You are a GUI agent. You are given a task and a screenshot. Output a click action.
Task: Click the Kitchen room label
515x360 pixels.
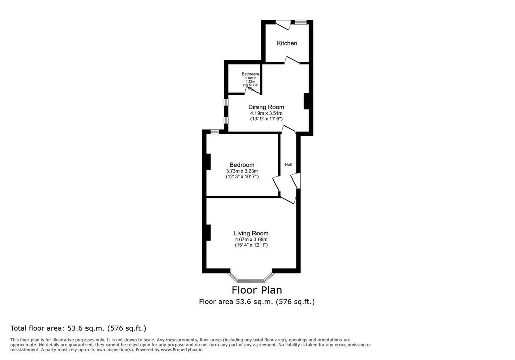[x=287, y=43]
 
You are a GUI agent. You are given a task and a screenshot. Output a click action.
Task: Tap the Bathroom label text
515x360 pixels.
[x=250, y=74]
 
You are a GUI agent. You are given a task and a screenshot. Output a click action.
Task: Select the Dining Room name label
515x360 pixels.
[x=266, y=107]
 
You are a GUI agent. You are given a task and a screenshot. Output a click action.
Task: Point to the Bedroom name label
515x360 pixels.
[x=242, y=165]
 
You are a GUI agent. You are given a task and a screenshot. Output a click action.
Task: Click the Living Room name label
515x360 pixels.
[x=251, y=233]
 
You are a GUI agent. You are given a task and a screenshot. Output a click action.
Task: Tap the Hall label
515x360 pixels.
[x=288, y=165]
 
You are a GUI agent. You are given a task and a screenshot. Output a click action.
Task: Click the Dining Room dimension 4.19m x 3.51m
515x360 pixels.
[x=266, y=113]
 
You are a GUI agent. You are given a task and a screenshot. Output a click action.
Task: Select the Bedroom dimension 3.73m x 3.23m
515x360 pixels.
[x=242, y=171]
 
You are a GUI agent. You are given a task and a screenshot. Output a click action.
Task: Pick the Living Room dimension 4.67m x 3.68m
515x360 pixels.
[x=251, y=239]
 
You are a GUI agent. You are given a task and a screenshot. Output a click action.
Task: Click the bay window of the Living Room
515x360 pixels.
[x=251, y=278]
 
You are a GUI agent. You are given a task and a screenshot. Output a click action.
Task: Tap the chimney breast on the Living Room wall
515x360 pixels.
[x=207, y=232]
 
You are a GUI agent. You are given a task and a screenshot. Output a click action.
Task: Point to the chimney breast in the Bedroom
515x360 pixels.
[x=207, y=161]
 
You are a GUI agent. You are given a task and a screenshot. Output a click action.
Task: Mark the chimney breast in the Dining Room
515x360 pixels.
[x=306, y=101]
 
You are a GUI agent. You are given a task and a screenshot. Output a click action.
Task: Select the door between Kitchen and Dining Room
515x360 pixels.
[x=291, y=61]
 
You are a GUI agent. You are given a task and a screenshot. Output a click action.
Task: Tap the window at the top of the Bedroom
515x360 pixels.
[x=215, y=132]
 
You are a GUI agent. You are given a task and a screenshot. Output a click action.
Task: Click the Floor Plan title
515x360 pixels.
[x=256, y=290]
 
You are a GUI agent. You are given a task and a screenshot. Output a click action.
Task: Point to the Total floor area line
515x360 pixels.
[x=78, y=328]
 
